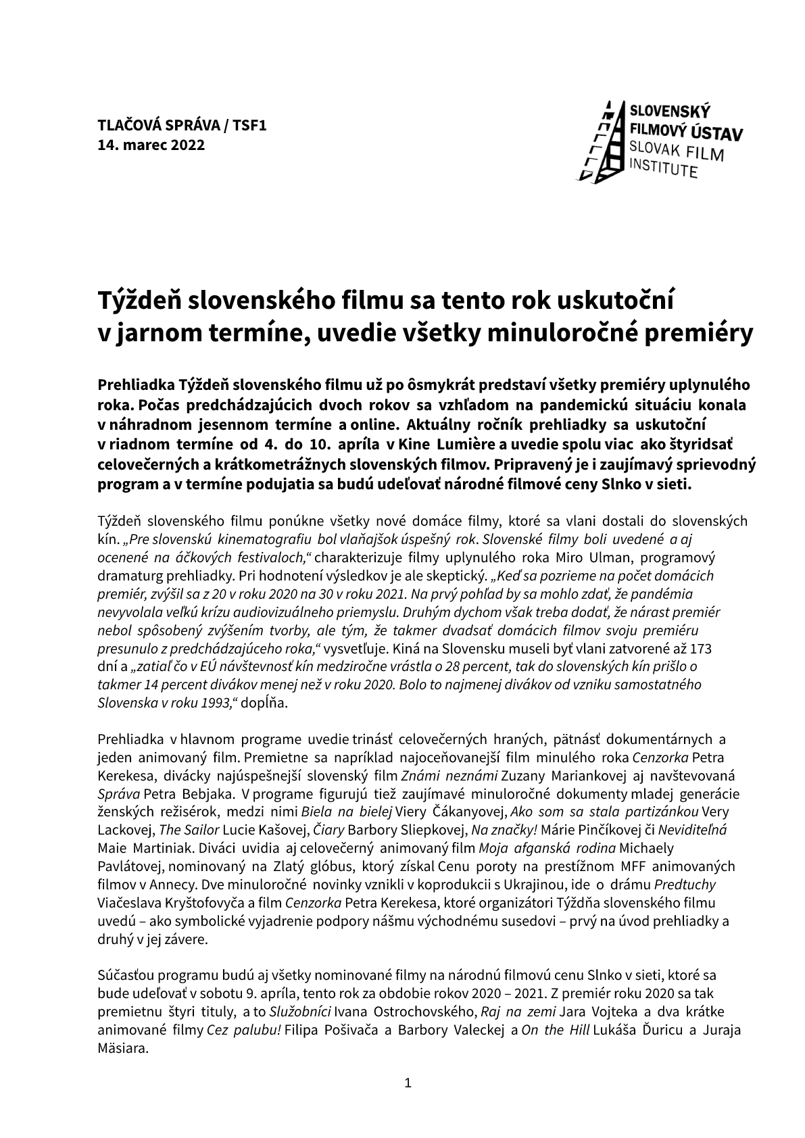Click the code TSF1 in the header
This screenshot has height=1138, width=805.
pos(250,125)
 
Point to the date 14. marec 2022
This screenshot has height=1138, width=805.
pos(151,145)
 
